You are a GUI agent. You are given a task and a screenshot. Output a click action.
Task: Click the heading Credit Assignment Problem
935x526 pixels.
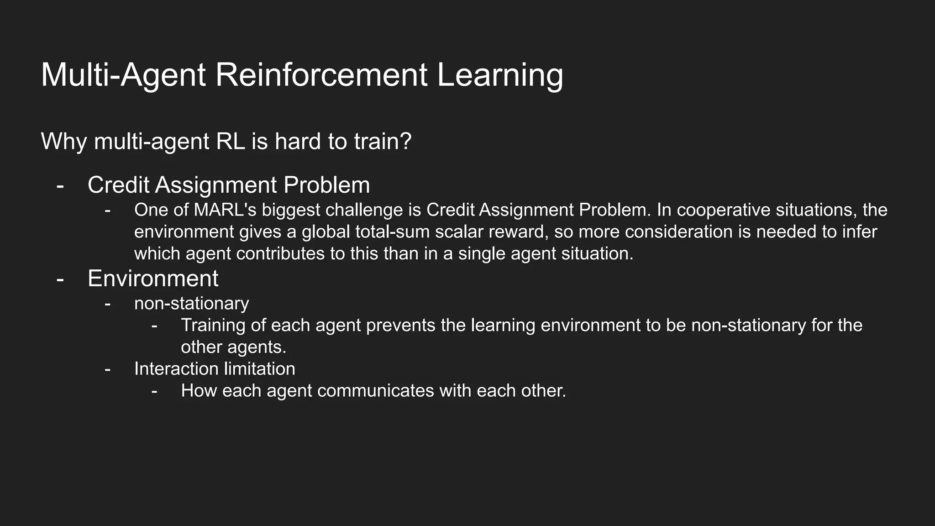(x=228, y=185)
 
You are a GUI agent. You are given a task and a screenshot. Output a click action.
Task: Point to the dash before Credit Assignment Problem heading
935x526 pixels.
(x=60, y=186)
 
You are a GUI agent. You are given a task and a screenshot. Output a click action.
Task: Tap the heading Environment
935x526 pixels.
(x=153, y=279)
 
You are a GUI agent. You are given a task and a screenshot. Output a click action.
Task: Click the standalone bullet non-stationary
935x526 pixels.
(x=191, y=304)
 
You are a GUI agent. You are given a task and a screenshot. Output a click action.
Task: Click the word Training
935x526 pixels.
(x=212, y=326)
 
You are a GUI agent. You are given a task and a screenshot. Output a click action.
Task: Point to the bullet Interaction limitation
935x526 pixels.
(x=215, y=369)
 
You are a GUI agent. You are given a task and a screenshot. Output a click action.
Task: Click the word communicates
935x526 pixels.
(x=375, y=391)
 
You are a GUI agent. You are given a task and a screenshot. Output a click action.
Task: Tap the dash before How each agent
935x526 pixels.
(x=154, y=391)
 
